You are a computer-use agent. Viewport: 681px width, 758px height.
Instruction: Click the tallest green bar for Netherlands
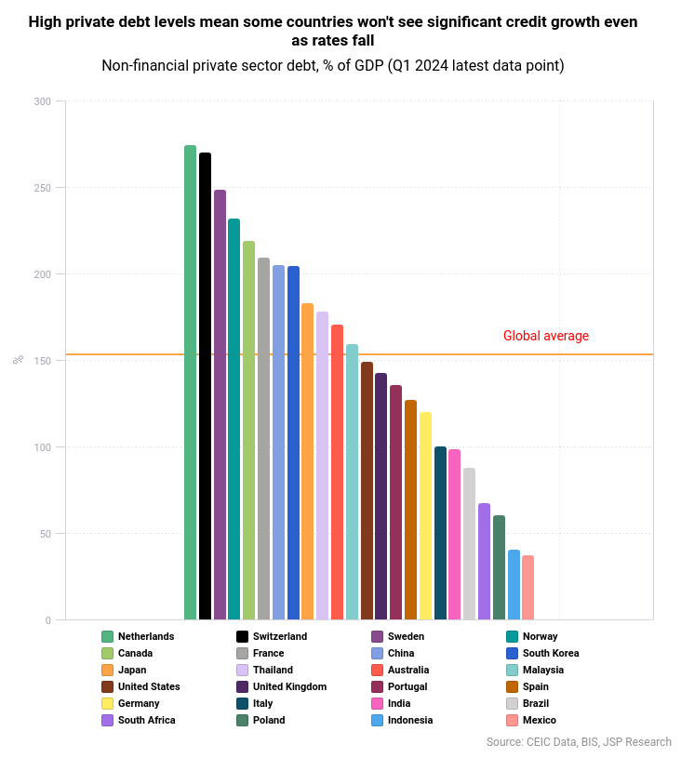(x=190, y=382)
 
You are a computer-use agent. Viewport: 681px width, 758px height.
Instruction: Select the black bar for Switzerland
(x=205, y=386)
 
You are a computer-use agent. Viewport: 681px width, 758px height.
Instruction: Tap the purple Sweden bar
(x=220, y=405)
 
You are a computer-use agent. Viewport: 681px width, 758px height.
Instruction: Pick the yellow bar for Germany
(x=425, y=516)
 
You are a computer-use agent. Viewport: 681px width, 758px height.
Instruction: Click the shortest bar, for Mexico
(x=527, y=588)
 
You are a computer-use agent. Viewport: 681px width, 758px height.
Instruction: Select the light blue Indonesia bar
(x=514, y=585)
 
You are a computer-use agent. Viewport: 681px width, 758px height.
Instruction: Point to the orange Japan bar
(x=307, y=461)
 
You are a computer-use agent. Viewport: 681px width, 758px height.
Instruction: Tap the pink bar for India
(x=454, y=535)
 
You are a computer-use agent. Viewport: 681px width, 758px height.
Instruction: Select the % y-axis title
(x=18, y=360)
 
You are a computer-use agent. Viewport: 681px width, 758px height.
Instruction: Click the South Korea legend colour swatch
(x=512, y=653)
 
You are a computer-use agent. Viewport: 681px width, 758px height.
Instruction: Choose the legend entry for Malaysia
(x=542, y=670)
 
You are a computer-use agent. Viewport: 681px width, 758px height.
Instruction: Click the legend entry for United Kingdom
(x=289, y=686)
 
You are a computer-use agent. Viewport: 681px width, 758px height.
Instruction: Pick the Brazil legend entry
(x=535, y=703)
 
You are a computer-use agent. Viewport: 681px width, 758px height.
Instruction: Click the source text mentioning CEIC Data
(x=578, y=742)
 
